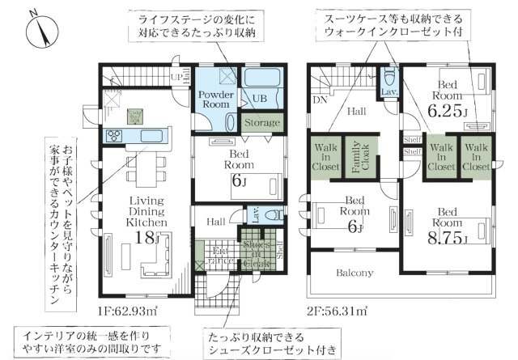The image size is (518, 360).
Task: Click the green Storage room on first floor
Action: tap(261, 123)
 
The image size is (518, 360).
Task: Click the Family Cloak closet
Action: tap(354, 159)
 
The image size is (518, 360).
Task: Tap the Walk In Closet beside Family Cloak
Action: tap(326, 159)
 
